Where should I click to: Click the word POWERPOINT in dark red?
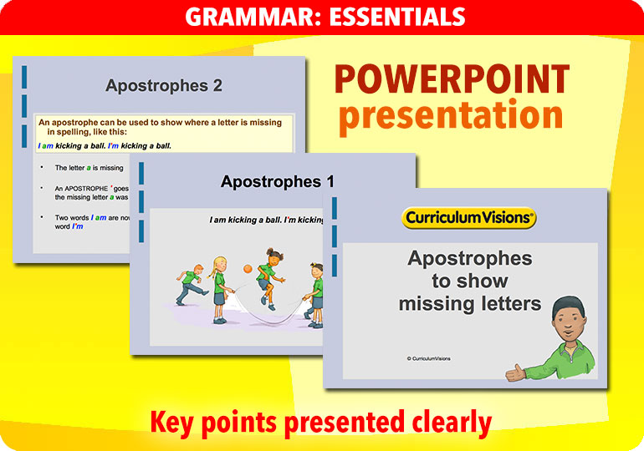click(x=452, y=80)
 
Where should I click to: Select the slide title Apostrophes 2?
click(x=163, y=85)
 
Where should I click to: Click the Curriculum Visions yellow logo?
click(x=468, y=219)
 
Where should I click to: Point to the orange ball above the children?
click(x=248, y=268)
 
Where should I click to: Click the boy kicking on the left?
click(x=191, y=284)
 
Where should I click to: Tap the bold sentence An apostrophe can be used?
click(x=164, y=126)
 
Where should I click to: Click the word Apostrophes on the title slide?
click(x=469, y=258)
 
